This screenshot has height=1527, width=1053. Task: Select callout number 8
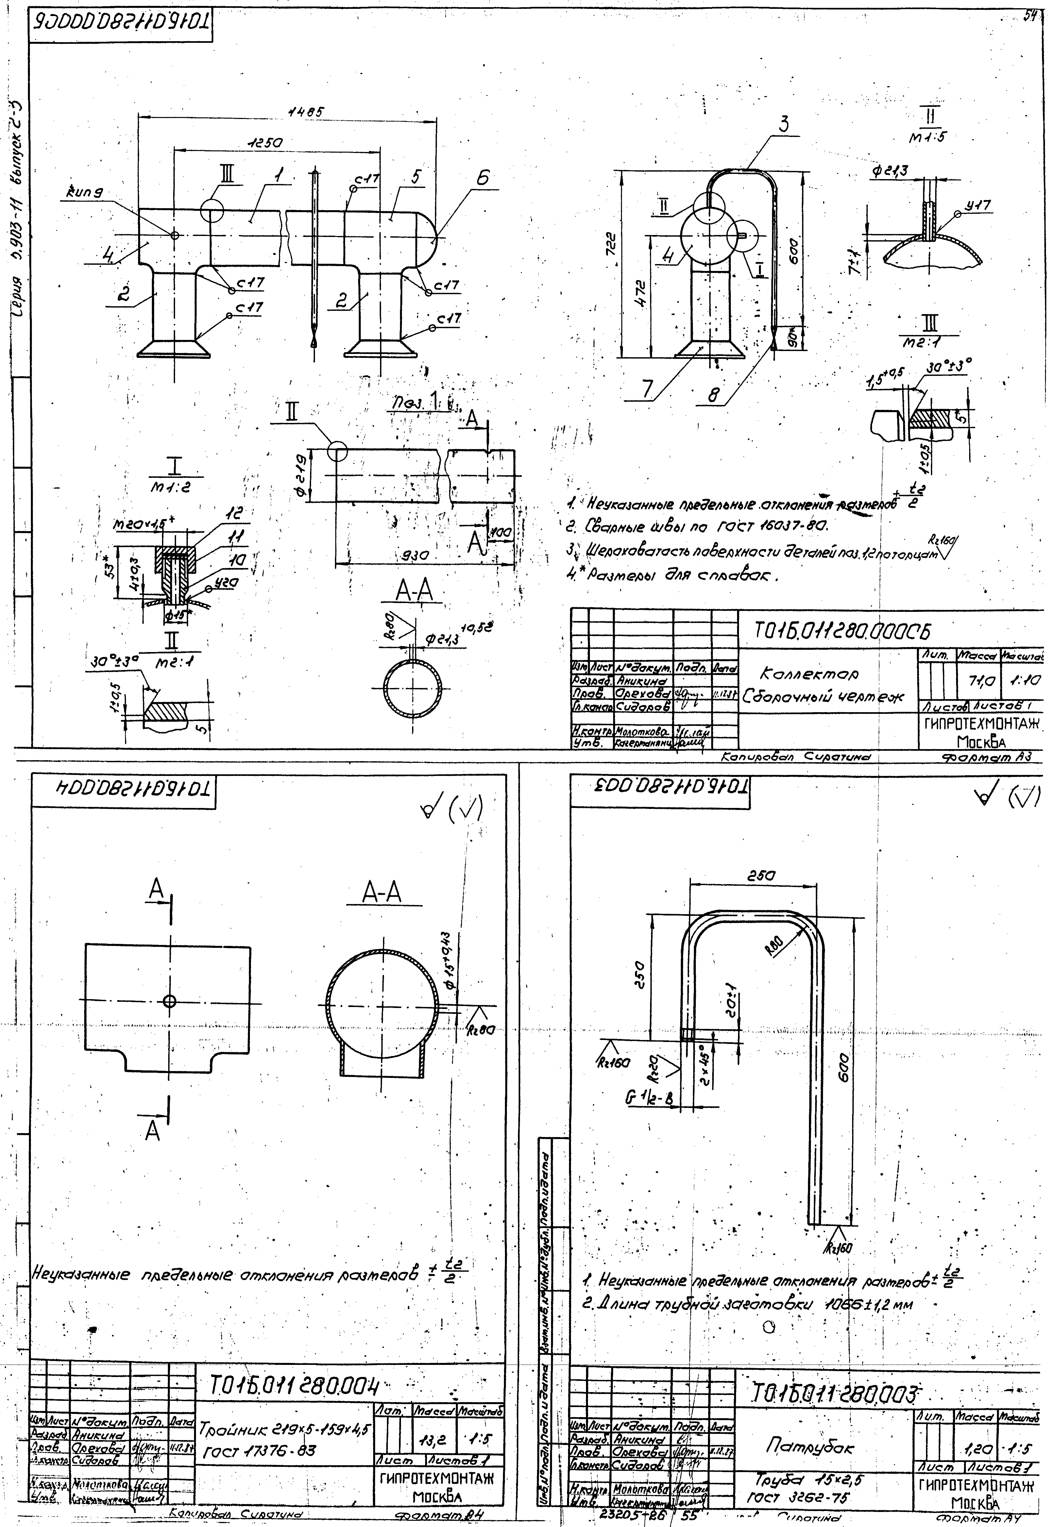tap(713, 394)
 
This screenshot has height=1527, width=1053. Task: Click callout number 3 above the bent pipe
tap(783, 124)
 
